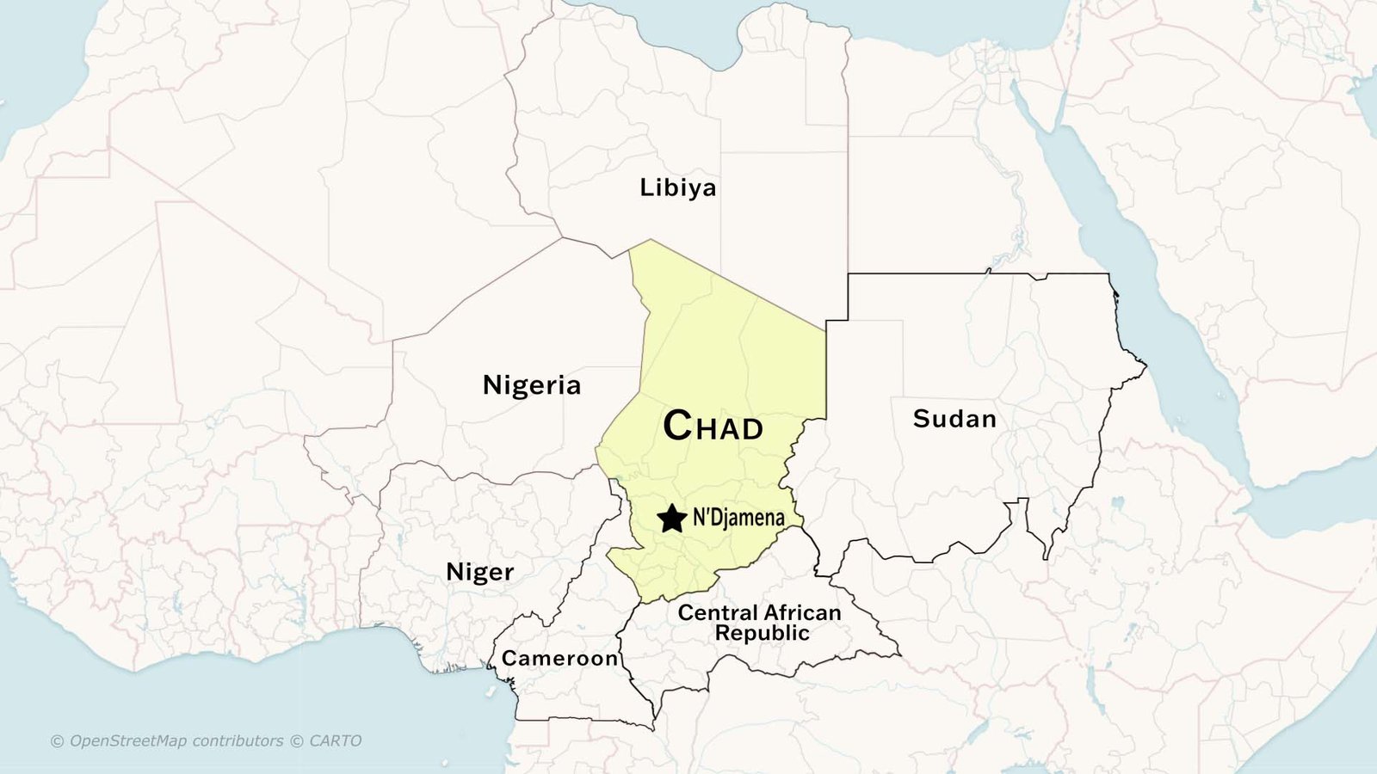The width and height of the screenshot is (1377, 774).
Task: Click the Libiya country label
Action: click(x=677, y=187)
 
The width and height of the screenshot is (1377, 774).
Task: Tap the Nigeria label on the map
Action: click(x=532, y=384)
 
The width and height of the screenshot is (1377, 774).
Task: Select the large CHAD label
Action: click(x=713, y=426)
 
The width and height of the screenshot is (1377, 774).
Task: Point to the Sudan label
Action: click(x=954, y=419)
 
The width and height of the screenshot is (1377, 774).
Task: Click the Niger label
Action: click(x=479, y=572)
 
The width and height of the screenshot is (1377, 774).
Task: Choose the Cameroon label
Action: click(x=559, y=659)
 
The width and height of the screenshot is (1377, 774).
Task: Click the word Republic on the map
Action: click(x=762, y=633)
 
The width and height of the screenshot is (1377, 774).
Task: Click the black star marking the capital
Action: click(x=671, y=519)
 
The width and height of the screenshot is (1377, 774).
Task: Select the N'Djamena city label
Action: click(x=738, y=518)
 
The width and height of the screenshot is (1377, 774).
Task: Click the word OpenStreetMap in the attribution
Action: click(x=127, y=740)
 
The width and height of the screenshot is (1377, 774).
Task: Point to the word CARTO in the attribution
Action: click(x=335, y=740)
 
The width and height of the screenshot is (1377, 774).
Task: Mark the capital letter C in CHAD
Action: click(x=677, y=425)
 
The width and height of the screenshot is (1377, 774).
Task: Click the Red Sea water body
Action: click(x=1145, y=284)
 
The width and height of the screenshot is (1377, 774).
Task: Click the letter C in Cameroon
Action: click(x=509, y=659)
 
